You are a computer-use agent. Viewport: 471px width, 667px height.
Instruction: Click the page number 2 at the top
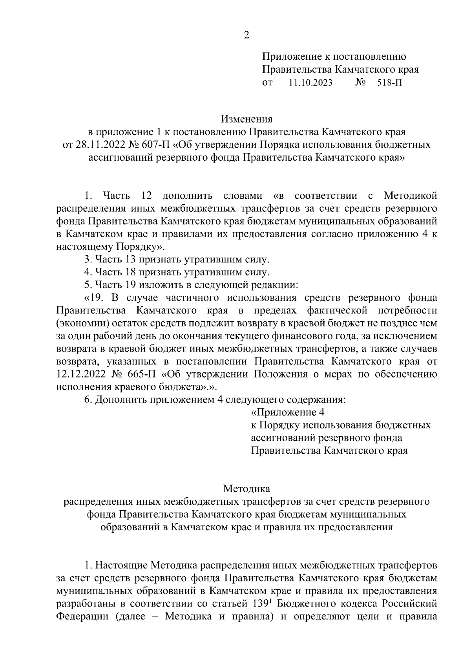click(246, 35)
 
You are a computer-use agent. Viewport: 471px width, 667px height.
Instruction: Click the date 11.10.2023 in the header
click(310, 83)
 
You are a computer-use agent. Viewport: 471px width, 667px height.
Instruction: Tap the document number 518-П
click(389, 83)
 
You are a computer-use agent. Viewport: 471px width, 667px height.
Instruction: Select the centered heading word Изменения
click(246, 119)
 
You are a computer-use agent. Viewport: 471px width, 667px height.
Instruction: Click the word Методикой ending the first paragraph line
click(410, 195)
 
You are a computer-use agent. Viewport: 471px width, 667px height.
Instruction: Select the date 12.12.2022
click(81, 374)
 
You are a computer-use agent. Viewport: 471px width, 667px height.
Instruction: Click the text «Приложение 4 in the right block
click(288, 412)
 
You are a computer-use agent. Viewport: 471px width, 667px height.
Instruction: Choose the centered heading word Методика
click(246, 489)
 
